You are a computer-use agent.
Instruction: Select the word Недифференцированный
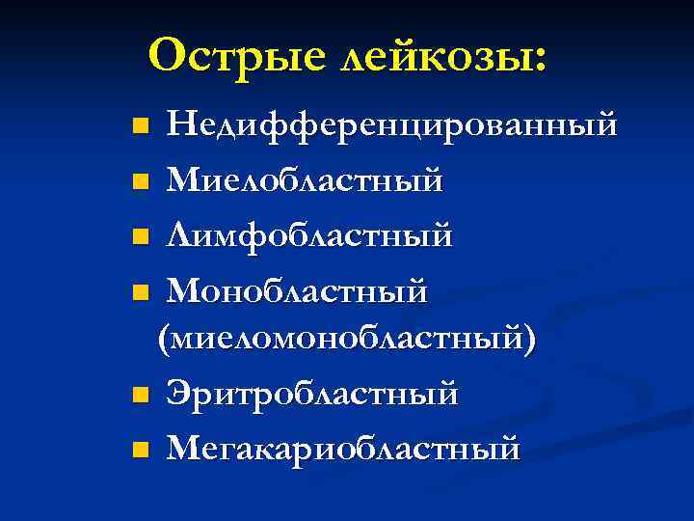click(390, 124)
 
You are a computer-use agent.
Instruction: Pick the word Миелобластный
click(304, 179)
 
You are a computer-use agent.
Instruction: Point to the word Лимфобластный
click(308, 234)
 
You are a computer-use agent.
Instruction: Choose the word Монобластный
click(296, 288)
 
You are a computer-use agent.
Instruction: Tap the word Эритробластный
click(311, 394)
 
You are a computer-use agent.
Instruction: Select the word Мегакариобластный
click(343, 448)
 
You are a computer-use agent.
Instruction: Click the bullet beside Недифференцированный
click(141, 125)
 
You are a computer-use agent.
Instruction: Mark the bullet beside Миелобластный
click(141, 180)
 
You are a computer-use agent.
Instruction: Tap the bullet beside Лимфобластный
click(141, 235)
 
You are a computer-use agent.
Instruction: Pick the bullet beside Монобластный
click(141, 289)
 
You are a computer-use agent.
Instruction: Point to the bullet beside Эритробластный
click(141, 395)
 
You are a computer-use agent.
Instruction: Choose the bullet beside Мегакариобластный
click(141, 449)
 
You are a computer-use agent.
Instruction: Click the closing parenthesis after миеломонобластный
click(530, 341)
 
